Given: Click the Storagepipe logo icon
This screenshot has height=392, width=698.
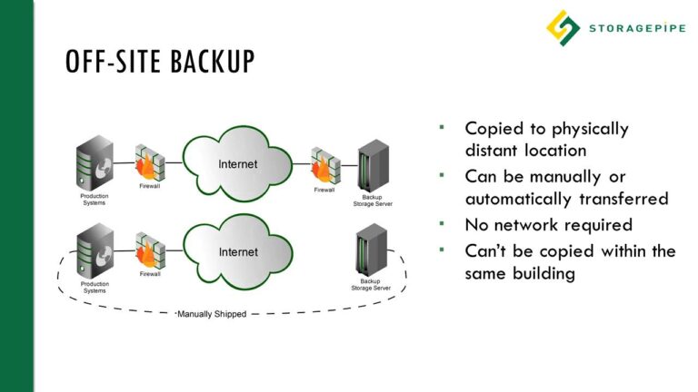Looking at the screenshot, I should point(563,26).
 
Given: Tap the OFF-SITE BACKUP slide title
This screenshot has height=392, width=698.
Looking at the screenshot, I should point(160,63).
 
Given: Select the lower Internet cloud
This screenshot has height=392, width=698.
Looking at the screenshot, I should point(237,250).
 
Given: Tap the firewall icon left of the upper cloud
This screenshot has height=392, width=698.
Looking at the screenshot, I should point(151,164).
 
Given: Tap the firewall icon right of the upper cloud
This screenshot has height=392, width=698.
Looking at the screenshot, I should point(325,164).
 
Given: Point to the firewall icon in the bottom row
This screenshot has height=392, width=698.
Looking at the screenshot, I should point(151,251).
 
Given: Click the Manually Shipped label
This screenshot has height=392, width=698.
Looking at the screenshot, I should point(211,314).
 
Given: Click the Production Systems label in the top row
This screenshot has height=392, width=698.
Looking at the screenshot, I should point(95,199).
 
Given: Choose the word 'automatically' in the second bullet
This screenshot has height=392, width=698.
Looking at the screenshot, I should point(518,199).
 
